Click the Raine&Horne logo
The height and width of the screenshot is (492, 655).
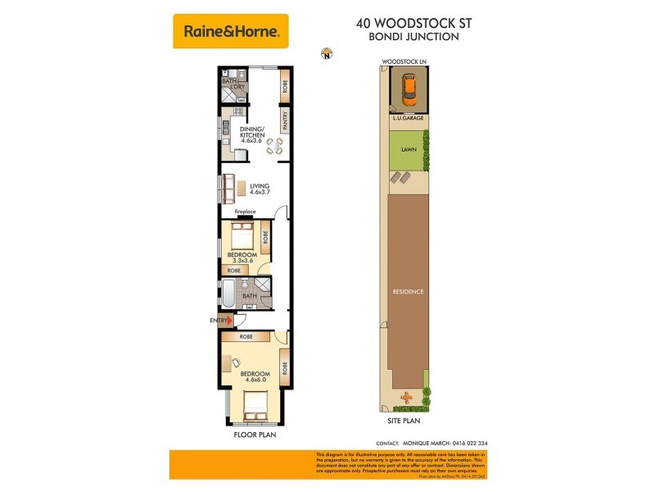pyautogui.click(x=231, y=32)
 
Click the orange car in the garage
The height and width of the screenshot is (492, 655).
pyautogui.click(x=409, y=91)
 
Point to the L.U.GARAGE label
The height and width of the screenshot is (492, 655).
pyautogui.click(x=407, y=120)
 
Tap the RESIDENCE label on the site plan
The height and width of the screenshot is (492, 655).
pyautogui.click(x=408, y=291)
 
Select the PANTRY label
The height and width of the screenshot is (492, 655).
pyautogui.click(x=285, y=121)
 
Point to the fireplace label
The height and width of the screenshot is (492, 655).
pyautogui.click(x=246, y=212)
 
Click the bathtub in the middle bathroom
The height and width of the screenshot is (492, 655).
pyautogui.click(x=228, y=292)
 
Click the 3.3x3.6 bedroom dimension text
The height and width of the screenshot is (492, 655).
pyautogui.click(x=243, y=261)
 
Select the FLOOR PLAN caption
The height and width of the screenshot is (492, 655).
pyautogui.click(x=255, y=435)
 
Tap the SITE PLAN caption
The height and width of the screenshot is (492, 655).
pyautogui.click(x=404, y=420)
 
